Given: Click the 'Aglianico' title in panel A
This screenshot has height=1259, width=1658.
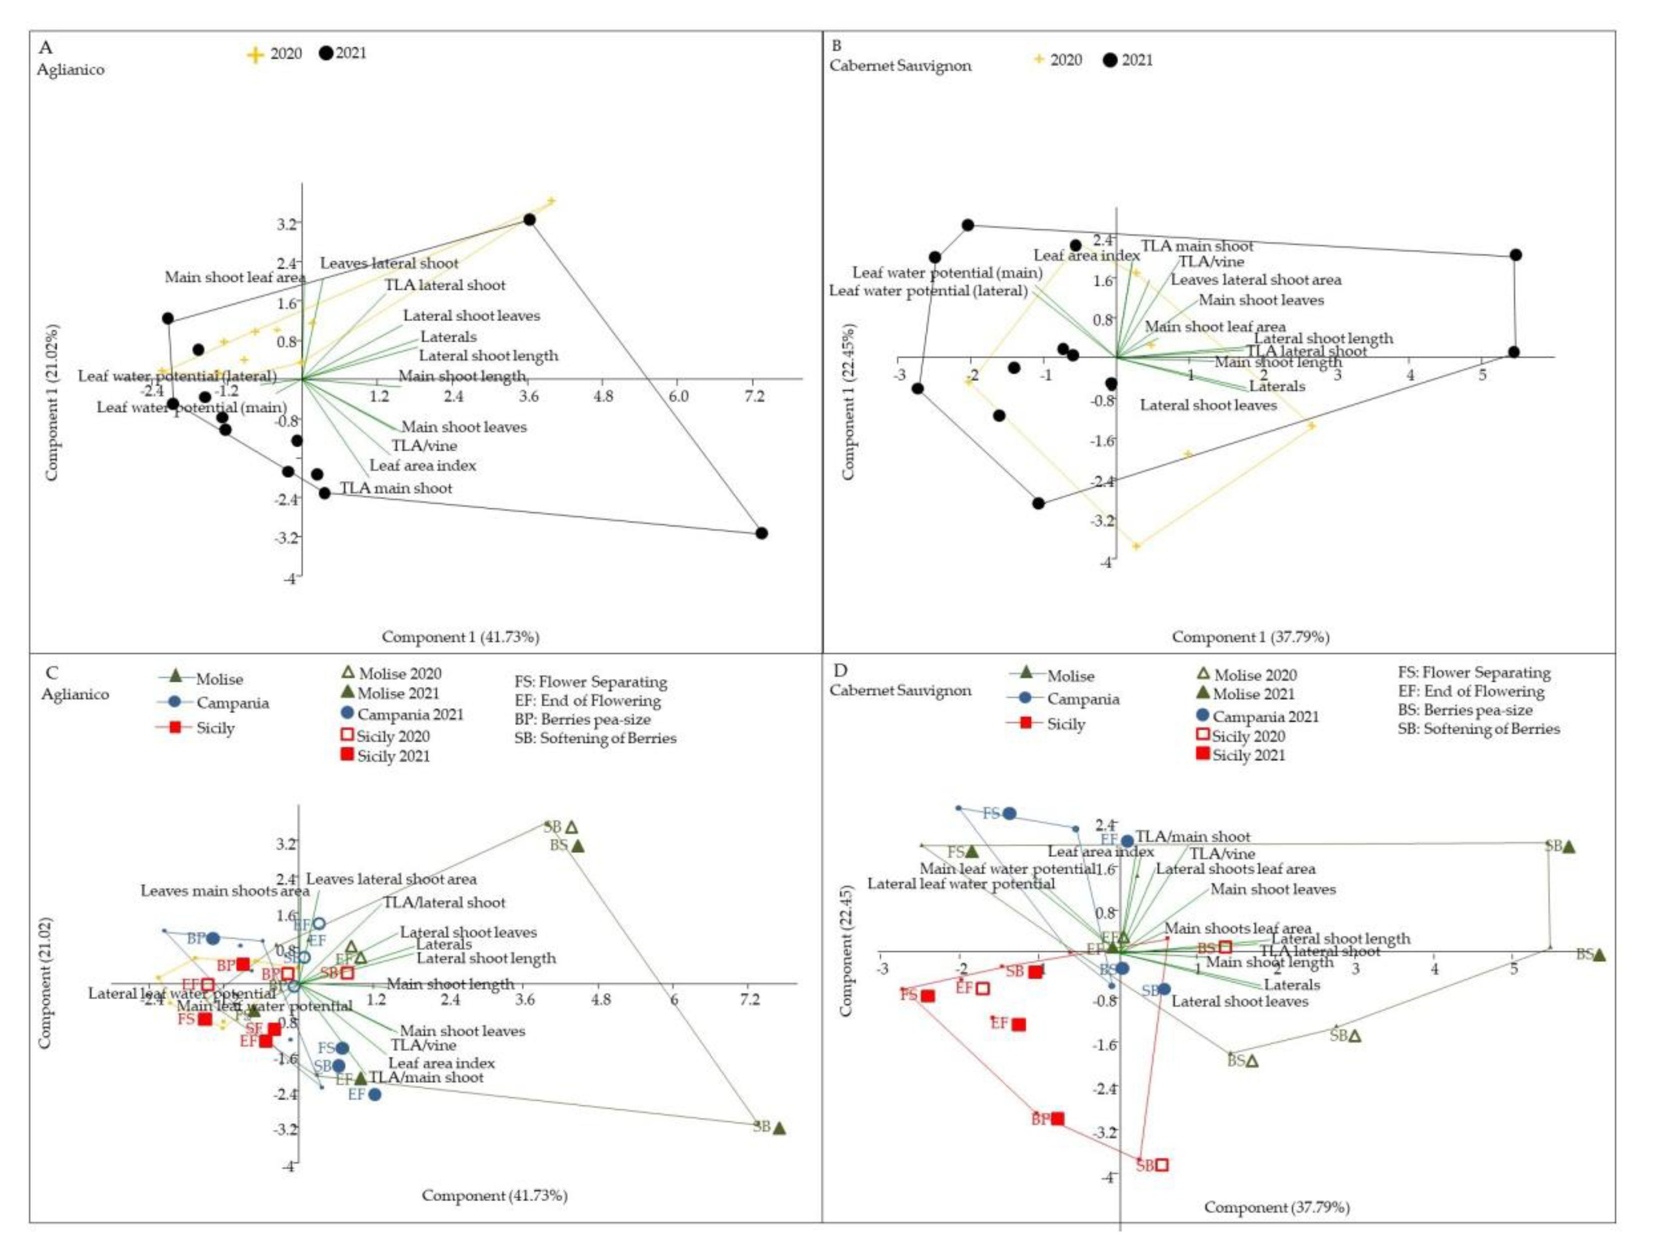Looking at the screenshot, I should [x=71, y=70].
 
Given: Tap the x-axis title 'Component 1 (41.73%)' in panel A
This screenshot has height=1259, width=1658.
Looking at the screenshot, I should [x=460, y=637].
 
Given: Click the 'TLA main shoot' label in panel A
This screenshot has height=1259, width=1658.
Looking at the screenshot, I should [x=396, y=489].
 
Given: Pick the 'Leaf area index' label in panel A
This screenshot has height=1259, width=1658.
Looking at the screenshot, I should [x=422, y=466].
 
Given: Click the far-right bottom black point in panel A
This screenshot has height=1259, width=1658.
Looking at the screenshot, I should [x=762, y=533].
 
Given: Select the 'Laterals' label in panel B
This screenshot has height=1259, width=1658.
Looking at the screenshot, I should [x=1277, y=387].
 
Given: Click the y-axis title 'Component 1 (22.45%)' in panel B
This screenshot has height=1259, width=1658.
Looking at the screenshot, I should [x=848, y=401].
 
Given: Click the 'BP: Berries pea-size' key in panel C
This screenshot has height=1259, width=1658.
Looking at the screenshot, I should [x=582, y=719].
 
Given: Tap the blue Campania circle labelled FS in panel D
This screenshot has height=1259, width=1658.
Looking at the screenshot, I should [x=1010, y=814].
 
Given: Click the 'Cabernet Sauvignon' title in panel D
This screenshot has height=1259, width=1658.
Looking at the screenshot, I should [x=900, y=690].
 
